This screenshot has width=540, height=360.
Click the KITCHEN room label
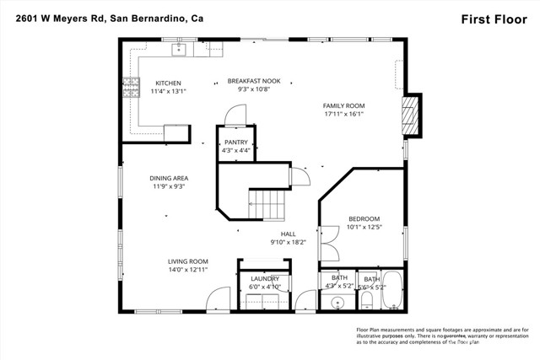(167, 83)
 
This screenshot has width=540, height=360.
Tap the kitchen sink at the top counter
(179, 50)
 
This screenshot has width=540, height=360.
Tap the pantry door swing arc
(238, 114)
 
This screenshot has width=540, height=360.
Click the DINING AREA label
(169, 178)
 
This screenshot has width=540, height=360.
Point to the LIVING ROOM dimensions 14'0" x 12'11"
(187, 270)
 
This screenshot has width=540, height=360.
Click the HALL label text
(289, 234)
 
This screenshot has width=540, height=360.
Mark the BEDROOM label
(364, 218)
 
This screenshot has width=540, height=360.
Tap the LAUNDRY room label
(264, 278)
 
